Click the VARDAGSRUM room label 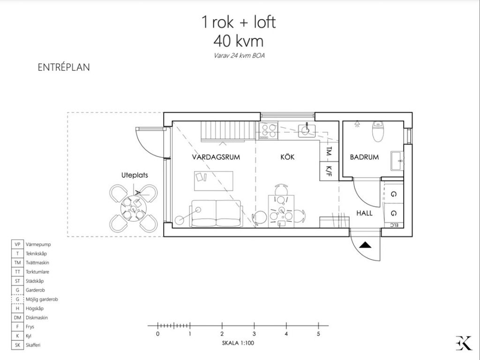tap(216, 157)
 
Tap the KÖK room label tap(287, 157)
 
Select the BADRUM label tap(364, 157)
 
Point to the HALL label tap(364, 213)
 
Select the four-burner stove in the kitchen tap(269, 131)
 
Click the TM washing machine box tap(328, 151)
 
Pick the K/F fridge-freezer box tap(328, 171)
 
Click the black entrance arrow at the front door tap(366, 244)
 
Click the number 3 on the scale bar tap(254, 334)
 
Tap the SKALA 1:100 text tap(238, 343)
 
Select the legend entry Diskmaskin tap(37, 317)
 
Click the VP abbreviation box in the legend tap(17, 244)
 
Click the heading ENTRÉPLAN tap(63, 67)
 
